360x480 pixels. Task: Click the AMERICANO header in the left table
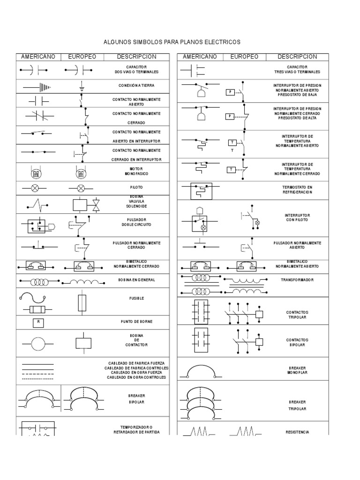(38, 57)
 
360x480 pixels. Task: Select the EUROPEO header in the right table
(244, 57)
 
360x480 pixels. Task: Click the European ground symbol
(81, 86)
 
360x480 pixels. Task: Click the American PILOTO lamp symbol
(35, 188)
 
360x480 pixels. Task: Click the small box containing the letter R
(38, 322)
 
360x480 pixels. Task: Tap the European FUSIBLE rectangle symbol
(82, 303)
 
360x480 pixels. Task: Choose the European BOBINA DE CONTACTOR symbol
(83, 343)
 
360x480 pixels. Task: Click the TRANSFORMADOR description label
(297, 280)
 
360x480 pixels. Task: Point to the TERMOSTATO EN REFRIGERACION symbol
(201, 192)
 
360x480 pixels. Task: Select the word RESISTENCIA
(297, 432)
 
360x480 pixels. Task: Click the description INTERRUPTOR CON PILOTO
(297, 217)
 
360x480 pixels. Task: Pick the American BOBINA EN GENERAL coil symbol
(40, 282)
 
